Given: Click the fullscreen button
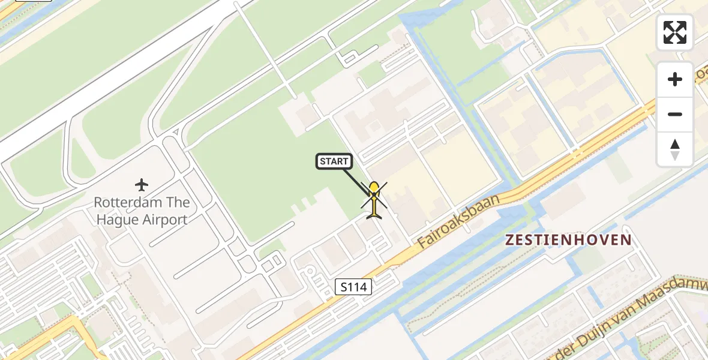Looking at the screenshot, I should coord(675,32).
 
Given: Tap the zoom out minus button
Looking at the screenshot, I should coord(675,114).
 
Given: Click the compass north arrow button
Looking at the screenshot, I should coord(675,149).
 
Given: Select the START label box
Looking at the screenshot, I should coord(334,161).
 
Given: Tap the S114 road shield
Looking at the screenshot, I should coord(353,287).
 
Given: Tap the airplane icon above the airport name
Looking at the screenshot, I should coord(142,184).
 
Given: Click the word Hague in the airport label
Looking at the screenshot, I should coord(116,220).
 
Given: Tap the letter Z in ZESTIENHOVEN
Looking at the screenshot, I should coord(509,241).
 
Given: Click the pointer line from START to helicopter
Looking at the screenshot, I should coord(358,182).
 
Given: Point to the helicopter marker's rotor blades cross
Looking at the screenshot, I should coord(374,196).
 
